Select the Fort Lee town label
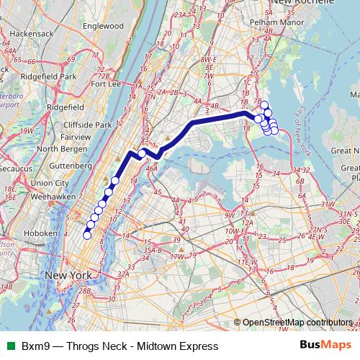coord(105,84)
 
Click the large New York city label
coord(68,276)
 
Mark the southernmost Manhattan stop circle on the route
coord(88,235)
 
